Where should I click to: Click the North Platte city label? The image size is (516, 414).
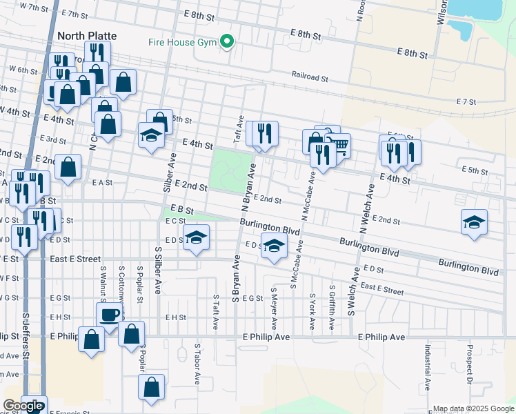87,36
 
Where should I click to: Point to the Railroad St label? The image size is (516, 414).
309,77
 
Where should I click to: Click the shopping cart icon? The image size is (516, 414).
339,146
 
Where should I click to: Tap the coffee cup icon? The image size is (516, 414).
108,316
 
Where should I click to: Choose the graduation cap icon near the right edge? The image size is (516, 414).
474,221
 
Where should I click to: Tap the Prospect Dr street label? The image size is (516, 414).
469,365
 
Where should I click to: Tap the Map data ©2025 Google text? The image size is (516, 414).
474,408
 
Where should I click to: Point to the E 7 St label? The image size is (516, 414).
466,101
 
